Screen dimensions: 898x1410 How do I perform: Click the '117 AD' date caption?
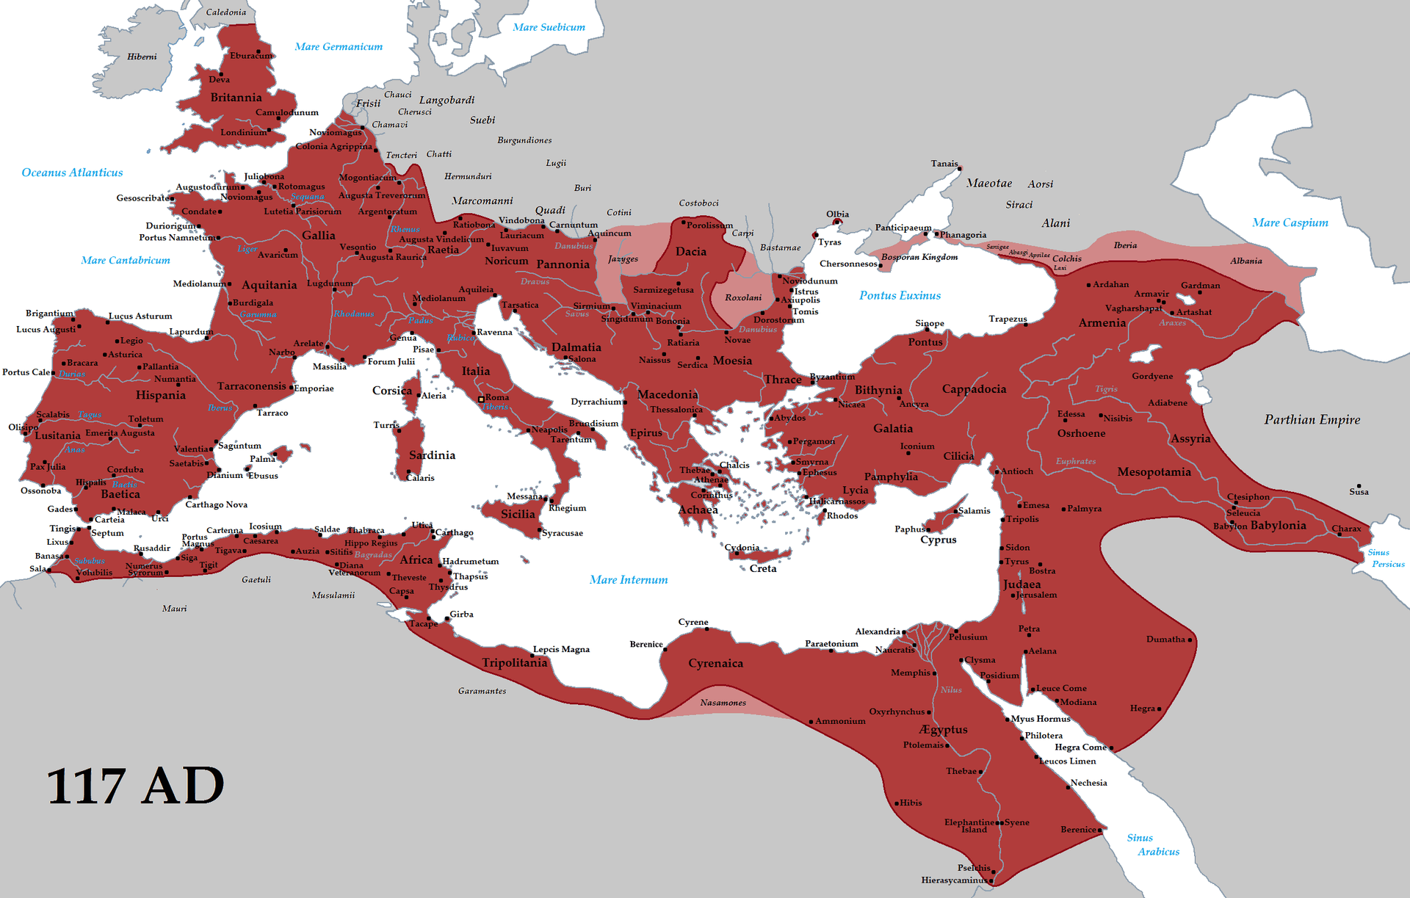(135, 786)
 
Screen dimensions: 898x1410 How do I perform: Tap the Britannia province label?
(236, 98)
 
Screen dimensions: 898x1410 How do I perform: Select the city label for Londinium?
(243, 133)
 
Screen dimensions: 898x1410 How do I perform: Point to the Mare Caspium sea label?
(1290, 222)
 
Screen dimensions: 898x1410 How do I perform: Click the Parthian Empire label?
(1312, 419)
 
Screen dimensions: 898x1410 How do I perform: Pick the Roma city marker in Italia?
(481, 399)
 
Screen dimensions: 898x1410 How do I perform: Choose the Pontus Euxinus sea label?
(900, 295)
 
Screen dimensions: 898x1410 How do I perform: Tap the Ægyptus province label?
(943, 729)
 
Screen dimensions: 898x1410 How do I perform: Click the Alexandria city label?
(877, 631)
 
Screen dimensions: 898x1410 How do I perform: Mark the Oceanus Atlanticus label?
(72, 173)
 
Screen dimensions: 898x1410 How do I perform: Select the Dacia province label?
(690, 251)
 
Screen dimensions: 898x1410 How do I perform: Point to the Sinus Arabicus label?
(1153, 844)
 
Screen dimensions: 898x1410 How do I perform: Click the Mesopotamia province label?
(1154, 471)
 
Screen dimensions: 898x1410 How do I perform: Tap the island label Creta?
(762, 568)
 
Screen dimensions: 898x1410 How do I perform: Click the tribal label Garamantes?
(482, 691)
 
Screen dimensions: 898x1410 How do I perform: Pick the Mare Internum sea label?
(629, 580)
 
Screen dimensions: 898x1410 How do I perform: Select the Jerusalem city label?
(1036, 595)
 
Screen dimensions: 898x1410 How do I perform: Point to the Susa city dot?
(1359, 486)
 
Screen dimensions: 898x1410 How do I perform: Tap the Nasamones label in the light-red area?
(723, 703)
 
